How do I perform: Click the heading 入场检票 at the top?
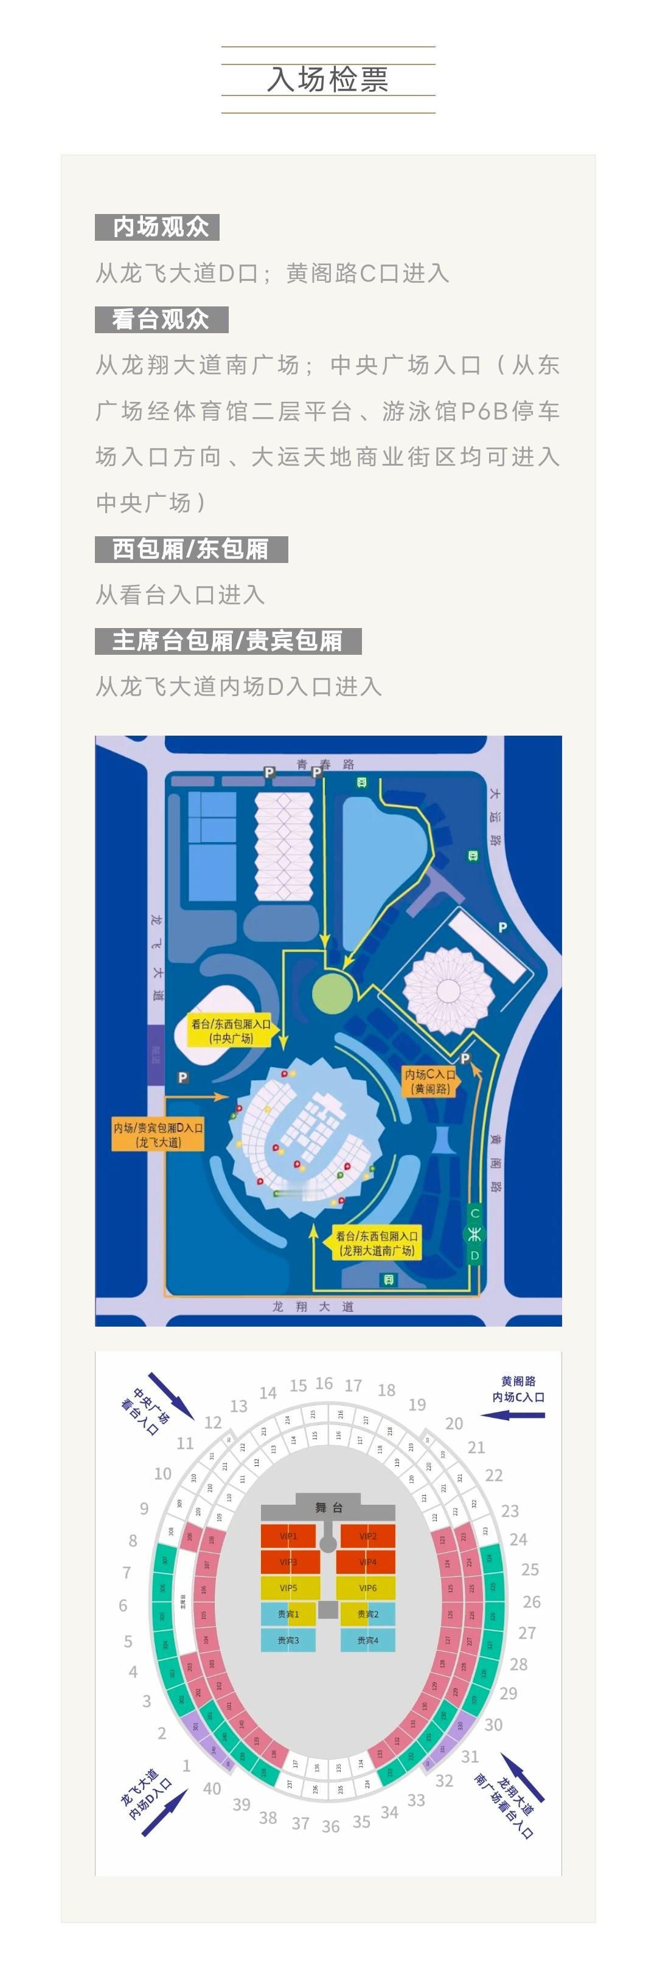[x=328, y=79]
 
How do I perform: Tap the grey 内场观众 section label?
[x=157, y=227]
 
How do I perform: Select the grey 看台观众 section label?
[x=161, y=319]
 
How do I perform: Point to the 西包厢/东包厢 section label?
[x=191, y=549]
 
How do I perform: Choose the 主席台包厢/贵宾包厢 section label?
[x=228, y=641]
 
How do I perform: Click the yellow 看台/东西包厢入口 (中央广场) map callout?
[x=231, y=1031]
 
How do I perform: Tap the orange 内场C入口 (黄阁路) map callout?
[x=429, y=1081]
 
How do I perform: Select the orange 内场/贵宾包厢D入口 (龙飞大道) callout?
[x=158, y=1134]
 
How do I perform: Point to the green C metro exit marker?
[x=474, y=1213]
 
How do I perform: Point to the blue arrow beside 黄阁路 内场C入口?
[x=513, y=1415]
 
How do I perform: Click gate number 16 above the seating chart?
[x=324, y=1383]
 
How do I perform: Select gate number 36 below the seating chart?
[x=330, y=1825]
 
